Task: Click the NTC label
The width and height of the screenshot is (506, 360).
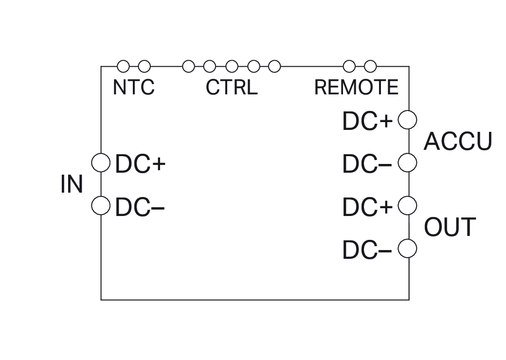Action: point(134,87)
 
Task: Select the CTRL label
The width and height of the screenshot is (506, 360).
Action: point(232,87)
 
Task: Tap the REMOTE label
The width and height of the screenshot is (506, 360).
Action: point(356,87)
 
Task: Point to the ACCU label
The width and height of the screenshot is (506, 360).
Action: point(458,141)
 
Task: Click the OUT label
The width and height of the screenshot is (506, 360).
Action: point(450,227)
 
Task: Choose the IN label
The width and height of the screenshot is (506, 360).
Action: point(72,184)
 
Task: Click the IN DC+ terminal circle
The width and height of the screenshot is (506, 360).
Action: point(101,162)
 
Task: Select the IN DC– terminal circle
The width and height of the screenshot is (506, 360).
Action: point(101,205)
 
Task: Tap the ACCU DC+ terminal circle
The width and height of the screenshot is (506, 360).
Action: point(407,120)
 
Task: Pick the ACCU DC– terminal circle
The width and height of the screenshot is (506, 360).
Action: point(407,162)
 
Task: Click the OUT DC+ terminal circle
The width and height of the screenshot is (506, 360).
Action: point(407,205)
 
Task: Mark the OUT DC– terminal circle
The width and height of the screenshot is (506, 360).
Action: point(407,249)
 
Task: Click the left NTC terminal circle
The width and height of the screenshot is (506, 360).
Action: point(123,66)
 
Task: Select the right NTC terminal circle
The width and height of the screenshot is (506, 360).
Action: point(144,66)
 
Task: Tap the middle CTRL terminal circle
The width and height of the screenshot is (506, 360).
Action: point(232,66)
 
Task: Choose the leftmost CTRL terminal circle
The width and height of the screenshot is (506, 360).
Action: point(188,66)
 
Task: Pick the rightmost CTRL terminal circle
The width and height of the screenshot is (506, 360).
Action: point(274,66)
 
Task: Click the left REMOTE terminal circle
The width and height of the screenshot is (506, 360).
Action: point(349,66)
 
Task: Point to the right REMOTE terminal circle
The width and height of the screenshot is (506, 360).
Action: point(370,66)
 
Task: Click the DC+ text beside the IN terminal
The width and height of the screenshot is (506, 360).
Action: point(141,164)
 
